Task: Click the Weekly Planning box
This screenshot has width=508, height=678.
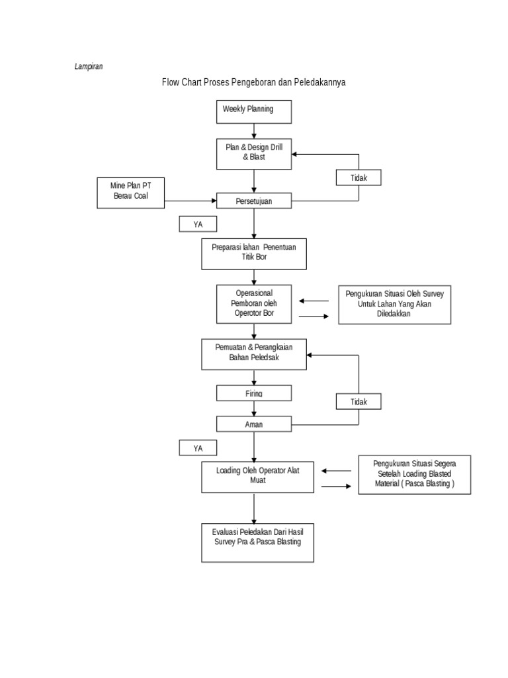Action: click(254, 112)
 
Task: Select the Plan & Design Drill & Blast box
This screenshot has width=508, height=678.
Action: click(254, 154)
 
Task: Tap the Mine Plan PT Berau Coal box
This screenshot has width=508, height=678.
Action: click(130, 193)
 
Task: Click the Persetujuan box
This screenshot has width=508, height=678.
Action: click(254, 201)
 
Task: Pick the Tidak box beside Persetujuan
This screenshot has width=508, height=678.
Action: click(359, 177)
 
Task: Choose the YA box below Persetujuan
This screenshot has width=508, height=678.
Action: click(198, 224)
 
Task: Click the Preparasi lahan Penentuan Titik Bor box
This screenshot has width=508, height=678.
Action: click(254, 254)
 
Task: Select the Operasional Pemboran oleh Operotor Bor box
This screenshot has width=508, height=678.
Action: click(254, 304)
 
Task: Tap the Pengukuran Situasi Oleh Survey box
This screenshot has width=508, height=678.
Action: click(395, 305)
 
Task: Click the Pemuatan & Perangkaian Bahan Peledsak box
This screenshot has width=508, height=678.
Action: click(254, 354)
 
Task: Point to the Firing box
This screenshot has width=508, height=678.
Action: click(254, 393)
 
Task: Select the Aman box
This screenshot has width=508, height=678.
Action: click(254, 424)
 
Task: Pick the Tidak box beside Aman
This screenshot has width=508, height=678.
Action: click(359, 401)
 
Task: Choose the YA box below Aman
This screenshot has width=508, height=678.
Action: click(198, 448)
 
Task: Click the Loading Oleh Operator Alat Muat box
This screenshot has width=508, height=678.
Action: click(257, 477)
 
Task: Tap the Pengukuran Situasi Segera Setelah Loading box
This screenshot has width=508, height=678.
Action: click(415, 474)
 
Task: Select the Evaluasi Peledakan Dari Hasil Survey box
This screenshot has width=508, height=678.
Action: click(257, 543)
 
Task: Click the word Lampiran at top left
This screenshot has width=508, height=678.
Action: click(89, 66)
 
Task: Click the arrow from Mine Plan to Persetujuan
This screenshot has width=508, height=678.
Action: click(190, 201)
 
